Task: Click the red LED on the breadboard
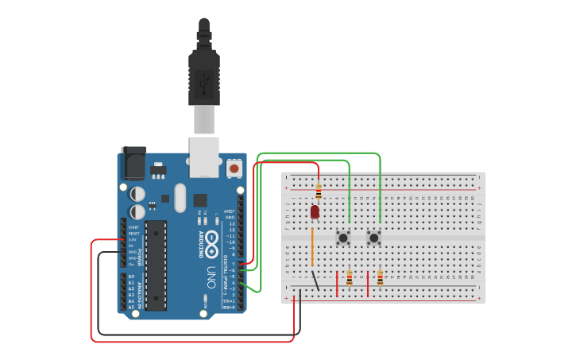(315, 211)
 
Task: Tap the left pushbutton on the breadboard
(343, 238)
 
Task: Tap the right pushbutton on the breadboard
(373, 238)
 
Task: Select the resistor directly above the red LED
(319, 192)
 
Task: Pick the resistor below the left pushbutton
(350, 277)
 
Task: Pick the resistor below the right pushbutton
(380, 277)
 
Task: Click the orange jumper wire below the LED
(312, 246)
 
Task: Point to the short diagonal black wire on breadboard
(315, 281)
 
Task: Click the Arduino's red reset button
(234, 168)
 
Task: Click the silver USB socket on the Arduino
(204, 156)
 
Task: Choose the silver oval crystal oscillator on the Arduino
(180, 198)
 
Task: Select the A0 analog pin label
(131, 276)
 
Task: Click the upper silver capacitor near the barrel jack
(137, 193)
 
